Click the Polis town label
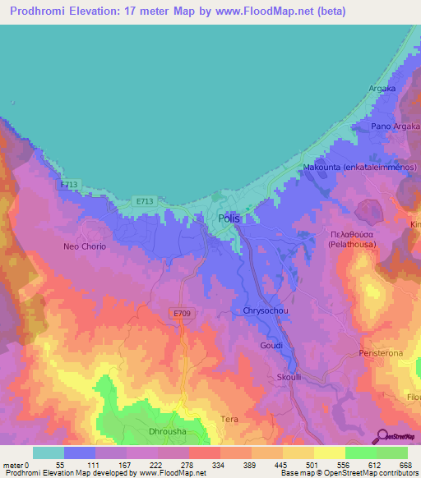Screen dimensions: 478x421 pos(229,218)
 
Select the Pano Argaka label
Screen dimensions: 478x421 pos(396,126)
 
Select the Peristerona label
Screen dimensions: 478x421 pos(380,352)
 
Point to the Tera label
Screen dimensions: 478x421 pos(230,419)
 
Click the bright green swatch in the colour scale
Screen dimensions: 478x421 pos(391,453)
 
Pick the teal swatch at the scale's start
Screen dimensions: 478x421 pos(49,453)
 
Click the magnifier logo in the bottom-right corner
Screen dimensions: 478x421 pos(382,435)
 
